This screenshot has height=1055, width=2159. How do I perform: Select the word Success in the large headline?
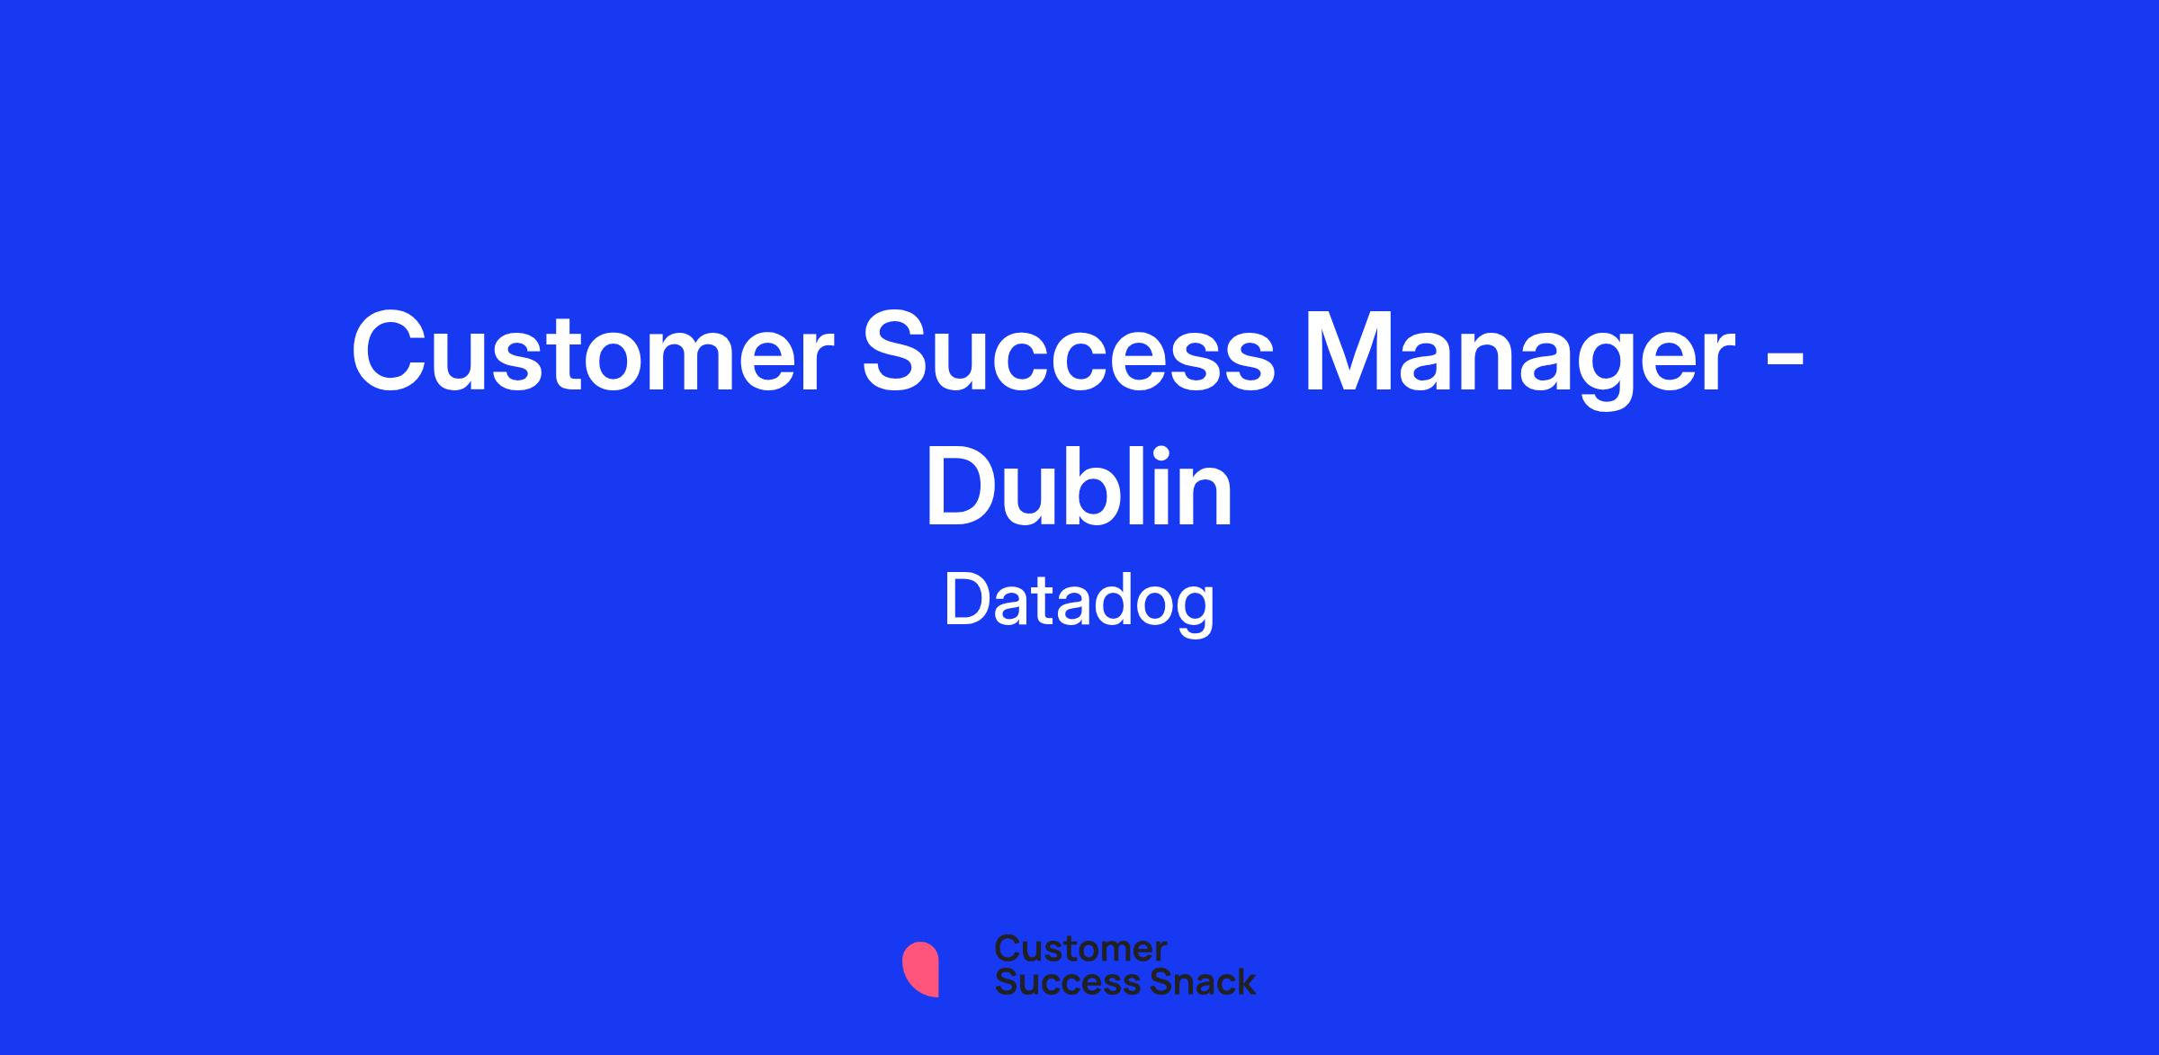tap(1069, 353)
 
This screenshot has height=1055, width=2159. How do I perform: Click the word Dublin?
tap(1079, 487)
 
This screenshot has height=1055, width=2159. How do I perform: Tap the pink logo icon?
tap(920, 970)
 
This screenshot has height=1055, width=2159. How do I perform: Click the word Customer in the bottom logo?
tap(1080, 949)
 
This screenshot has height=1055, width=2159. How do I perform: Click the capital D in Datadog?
tap(967, 601)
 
